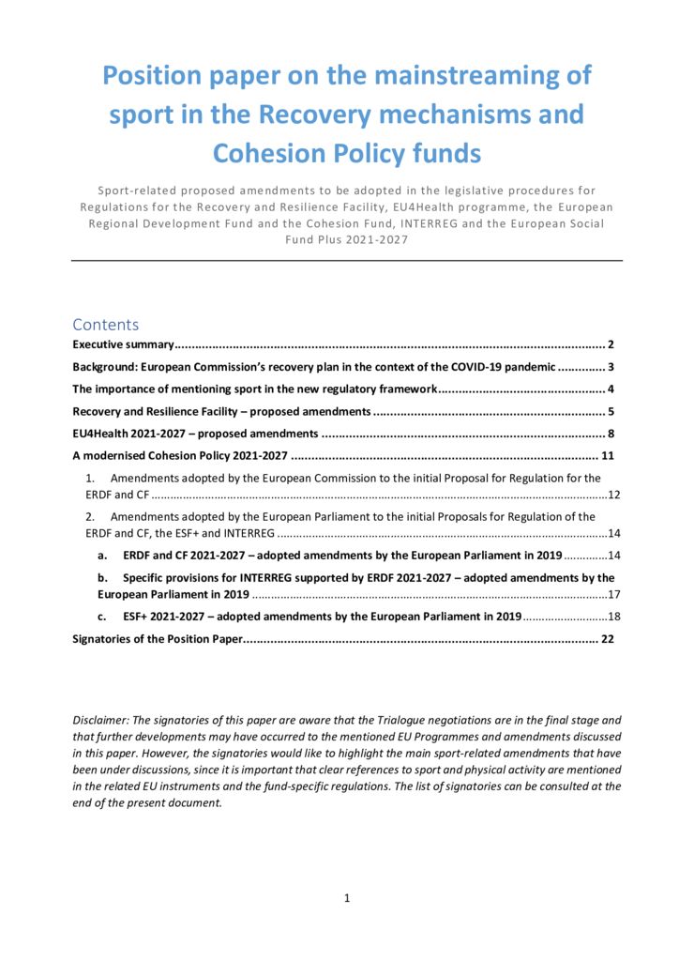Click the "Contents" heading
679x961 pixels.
pos(105,325)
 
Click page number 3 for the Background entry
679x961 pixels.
pos(610,367)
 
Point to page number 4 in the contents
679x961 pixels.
pos(610,389)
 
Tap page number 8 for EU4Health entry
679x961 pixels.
pos(610,434)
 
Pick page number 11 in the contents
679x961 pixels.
pos(607,456)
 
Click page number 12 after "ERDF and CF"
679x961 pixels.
pos(614,495)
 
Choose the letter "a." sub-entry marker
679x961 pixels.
pos(102,556)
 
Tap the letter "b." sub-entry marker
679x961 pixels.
pos(103,578)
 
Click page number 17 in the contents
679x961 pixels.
pos(614,595)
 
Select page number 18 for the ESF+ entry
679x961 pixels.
pos(614,617)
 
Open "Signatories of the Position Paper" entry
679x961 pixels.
pos(158,639)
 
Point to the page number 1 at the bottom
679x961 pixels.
pos(347,898)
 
